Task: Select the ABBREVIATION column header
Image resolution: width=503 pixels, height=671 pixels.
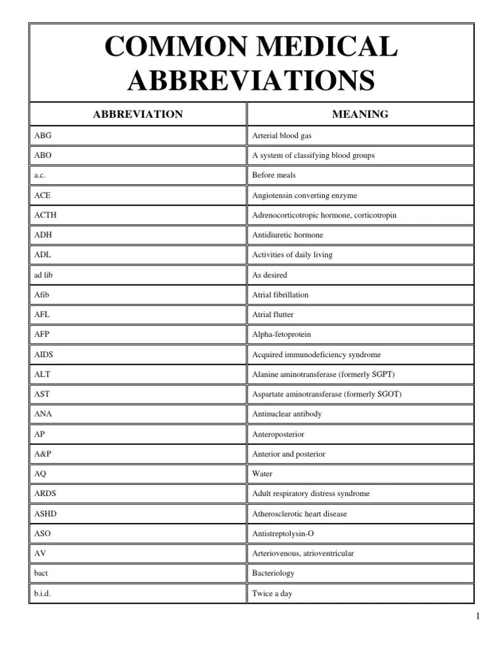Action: [138, 114]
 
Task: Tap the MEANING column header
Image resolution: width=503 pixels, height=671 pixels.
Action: [360, 114]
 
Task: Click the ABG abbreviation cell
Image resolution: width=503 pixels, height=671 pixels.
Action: [43, 136]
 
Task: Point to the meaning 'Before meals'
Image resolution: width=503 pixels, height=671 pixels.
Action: [274, 176]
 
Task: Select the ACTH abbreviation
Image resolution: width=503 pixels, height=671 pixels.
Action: [45, 215]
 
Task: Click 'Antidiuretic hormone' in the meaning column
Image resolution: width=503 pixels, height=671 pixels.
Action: [288, 235]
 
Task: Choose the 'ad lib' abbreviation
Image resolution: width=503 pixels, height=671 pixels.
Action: [43, 275]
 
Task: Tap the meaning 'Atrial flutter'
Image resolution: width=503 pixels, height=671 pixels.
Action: [273, 315]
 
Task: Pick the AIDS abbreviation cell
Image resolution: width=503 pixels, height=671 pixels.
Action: [44, 355]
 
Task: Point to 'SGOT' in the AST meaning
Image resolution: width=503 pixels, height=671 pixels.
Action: [386, 394]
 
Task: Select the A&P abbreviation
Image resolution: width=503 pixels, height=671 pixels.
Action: [43, 453]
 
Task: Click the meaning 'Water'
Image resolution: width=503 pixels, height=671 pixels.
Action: [262, 473]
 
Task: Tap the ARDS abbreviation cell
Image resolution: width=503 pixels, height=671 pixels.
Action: [45, 493]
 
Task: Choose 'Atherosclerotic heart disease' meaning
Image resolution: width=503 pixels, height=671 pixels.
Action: [299, 513]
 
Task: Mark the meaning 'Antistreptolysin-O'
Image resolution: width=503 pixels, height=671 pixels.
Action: [283, 533]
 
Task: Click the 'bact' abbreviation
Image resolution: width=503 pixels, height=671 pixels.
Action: [41, 573]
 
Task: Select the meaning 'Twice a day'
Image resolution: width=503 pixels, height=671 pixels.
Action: [272, 593]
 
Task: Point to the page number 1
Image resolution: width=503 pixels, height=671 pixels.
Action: [478, 616]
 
